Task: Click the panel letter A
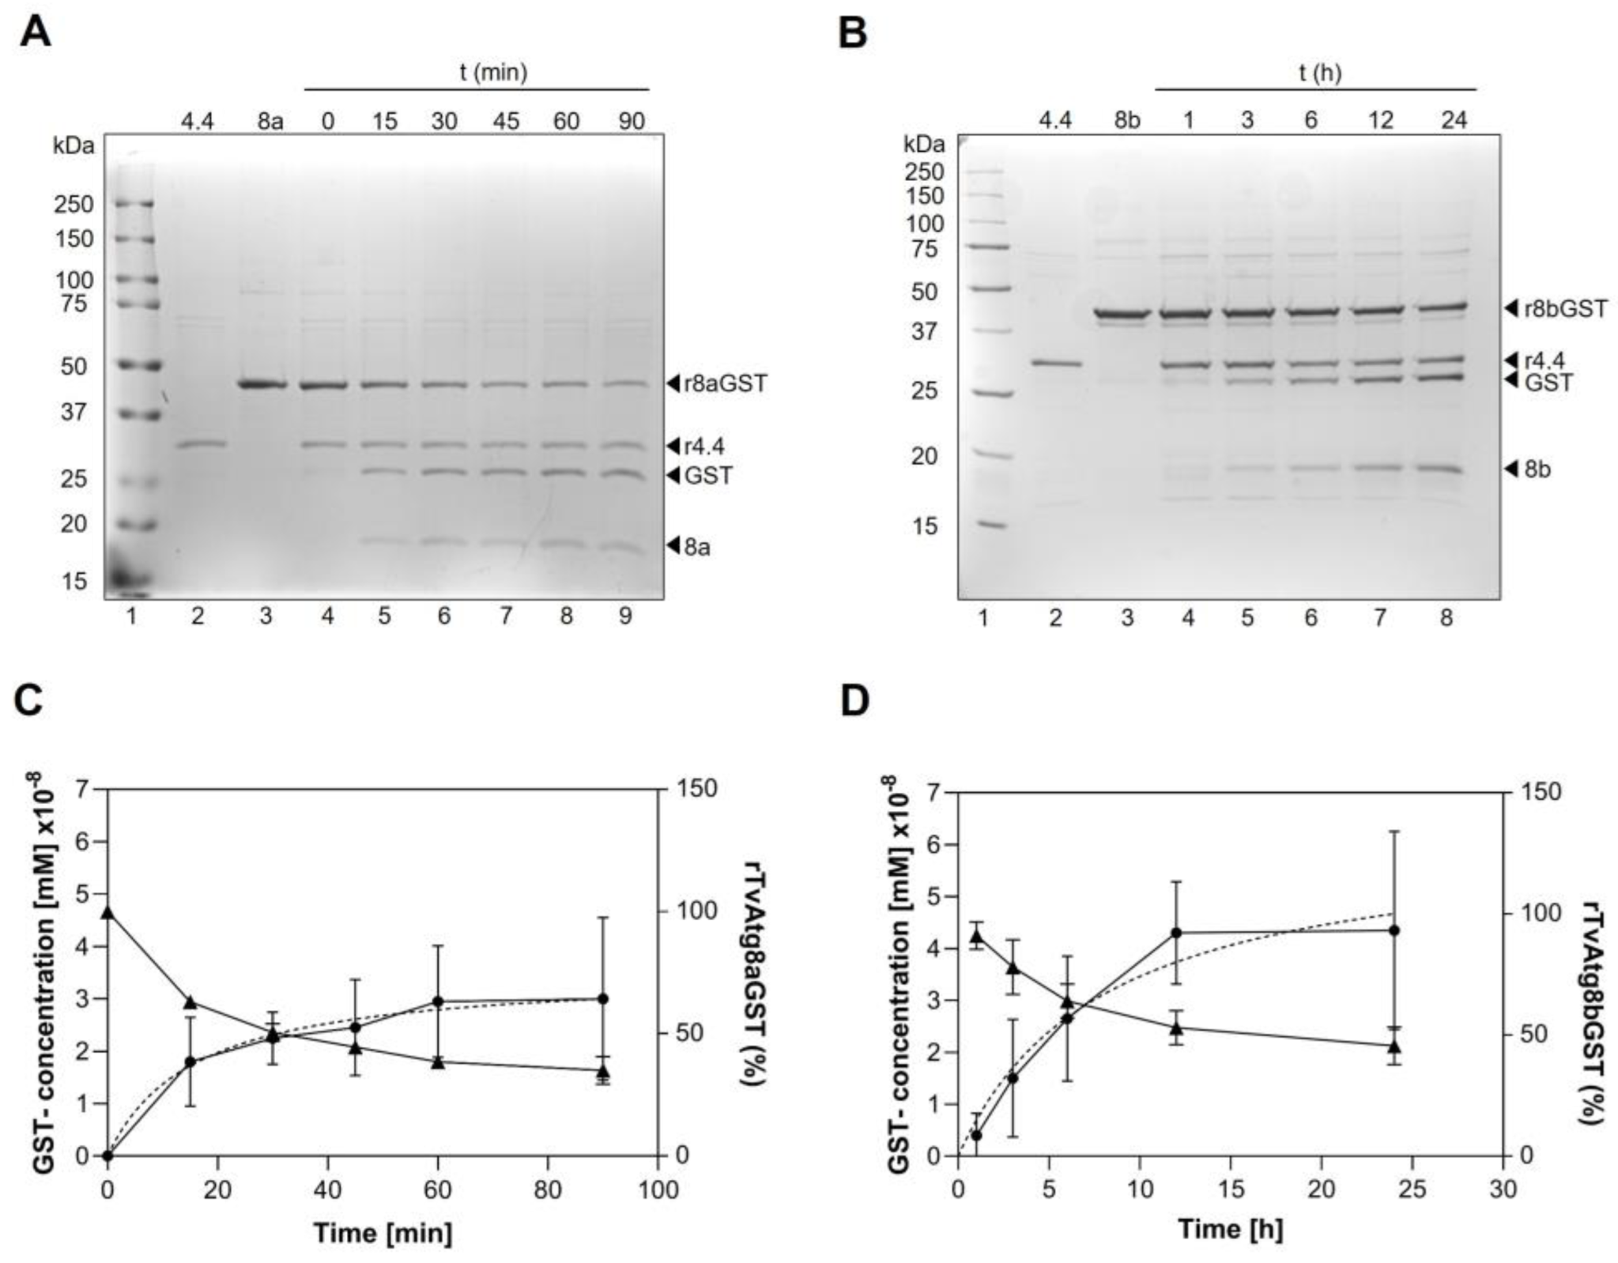pyautogui.click(x=35, y=32)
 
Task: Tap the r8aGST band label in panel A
pyautogui.click(x=725, y=384)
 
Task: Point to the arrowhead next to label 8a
pyautogui.click(x=673, y=545)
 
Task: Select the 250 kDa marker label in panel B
pyautogui.click(x=925, y=172)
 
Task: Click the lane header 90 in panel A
pyautogui.click(x=627, y=121)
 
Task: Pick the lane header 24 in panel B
pyautogui.click(x=1453, y=120)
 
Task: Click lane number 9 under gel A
pyautogui.click(x=625, y=616)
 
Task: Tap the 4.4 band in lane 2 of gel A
pyautogui.click(x=201, y=444)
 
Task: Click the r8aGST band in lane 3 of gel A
pyautogui.click(x=262, y=385)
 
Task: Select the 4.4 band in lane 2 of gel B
pyautogui.click(x=1056, y=364)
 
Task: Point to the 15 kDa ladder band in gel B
pyautogui.click(x=988, y=524)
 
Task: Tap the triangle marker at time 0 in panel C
pyautogui.click(x=108, y=913)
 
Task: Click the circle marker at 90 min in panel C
pyautogui.click(x=602, y=999)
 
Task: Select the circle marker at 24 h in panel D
pyautogui.click(x=1394, y=930)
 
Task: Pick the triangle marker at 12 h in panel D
pyautogui.click(x=1176, y=1028)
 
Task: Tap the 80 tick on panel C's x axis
pyautogui.click(x=547, y=1189)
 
